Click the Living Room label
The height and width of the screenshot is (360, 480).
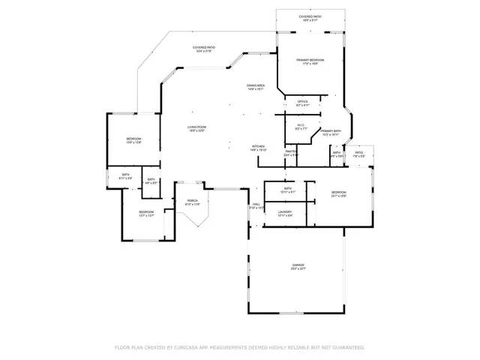pyautogui.click(x=196, y=128)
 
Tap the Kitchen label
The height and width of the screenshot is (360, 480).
pyautogui.click(x=258, y=146)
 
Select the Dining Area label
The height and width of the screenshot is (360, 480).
pyautogui.click(x=256, y=86)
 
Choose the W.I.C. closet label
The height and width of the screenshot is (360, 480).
pyautogui.click(x=300, y=126)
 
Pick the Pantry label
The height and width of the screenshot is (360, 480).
pyautogui.click(x=291, y=152)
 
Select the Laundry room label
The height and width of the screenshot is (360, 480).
pyautogui.click(x=285, y=213)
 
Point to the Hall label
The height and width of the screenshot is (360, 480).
pyautogui.click(x=256, y=205)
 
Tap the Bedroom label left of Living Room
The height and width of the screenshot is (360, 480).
pyautogui.click(x=133, y=140)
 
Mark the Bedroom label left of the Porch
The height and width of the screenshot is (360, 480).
pyautogui.click(x=146, y=213)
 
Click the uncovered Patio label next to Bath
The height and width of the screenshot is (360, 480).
pyautogui.click(x=359, y=154)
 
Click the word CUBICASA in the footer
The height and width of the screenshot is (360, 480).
pyautogui.click(x=183, y=348)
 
